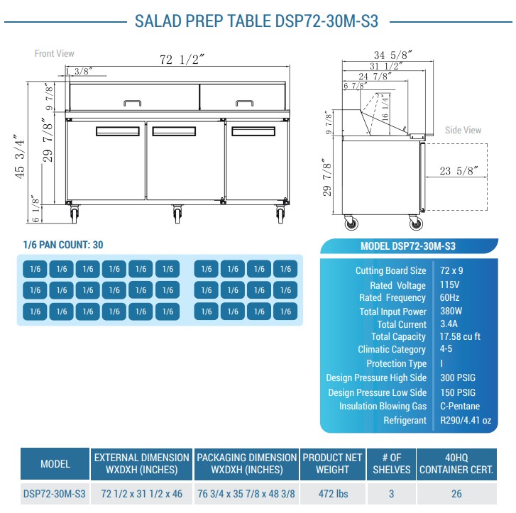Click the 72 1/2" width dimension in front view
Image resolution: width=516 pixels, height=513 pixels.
coord(182,60)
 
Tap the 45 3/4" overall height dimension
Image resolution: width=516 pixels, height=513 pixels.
coord(20,156)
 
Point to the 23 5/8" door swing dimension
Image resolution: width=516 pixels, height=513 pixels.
coord(459,171)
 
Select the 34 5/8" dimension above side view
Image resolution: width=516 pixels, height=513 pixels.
coord(393,55)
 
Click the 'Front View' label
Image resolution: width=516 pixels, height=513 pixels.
coord(55,53)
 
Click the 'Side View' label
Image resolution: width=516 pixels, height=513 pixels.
coord(463,130)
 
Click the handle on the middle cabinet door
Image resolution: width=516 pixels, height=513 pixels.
coord(174,131)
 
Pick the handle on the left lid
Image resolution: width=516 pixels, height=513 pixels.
coord(132,103)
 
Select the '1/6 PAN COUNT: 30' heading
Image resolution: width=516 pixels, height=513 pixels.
coord(63,245)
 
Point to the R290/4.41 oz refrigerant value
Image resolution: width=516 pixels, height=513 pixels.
coord(466,420)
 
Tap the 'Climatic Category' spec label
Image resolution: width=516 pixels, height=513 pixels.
coord(392,349)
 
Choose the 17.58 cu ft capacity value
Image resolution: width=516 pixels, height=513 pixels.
coord(460,336)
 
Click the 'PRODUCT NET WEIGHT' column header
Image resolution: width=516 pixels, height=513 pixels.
coord(332,463)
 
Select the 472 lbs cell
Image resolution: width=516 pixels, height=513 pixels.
coord(333,494)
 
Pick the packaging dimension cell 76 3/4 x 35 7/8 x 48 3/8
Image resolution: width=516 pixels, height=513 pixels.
coord(246,494)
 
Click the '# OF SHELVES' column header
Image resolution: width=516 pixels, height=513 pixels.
coord(392,463)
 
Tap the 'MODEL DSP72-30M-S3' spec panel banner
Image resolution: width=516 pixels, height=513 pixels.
coord(408,246)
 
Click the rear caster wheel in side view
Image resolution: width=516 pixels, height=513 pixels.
coord(351,223)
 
